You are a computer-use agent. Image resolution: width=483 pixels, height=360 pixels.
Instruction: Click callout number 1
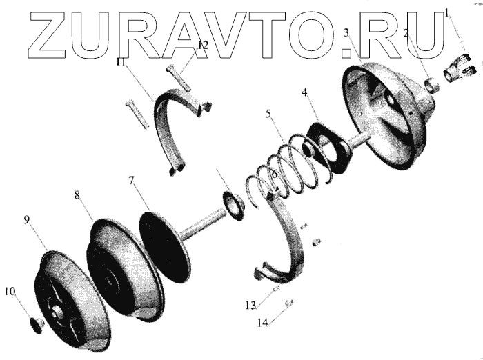(x=446, y=12)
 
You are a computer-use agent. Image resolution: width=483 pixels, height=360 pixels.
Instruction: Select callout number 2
(x=407, y=32)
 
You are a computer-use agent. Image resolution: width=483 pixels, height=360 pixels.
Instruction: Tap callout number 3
(x=346, y=32)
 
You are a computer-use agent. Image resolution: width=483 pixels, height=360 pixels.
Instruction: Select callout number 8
(x=78, y=195)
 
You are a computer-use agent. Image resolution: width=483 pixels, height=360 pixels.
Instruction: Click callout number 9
(x=27, y=220)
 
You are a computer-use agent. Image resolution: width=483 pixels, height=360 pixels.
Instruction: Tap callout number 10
(x=10, y=292)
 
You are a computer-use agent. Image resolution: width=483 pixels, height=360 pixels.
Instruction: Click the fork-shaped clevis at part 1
(x=462, y=69)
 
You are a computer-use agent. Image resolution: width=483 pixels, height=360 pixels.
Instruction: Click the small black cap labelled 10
(x=36, y=325)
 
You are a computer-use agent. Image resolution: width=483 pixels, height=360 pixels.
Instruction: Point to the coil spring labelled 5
(x=290, y=166)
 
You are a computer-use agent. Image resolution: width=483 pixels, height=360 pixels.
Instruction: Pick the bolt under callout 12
(x=178, y=77)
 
